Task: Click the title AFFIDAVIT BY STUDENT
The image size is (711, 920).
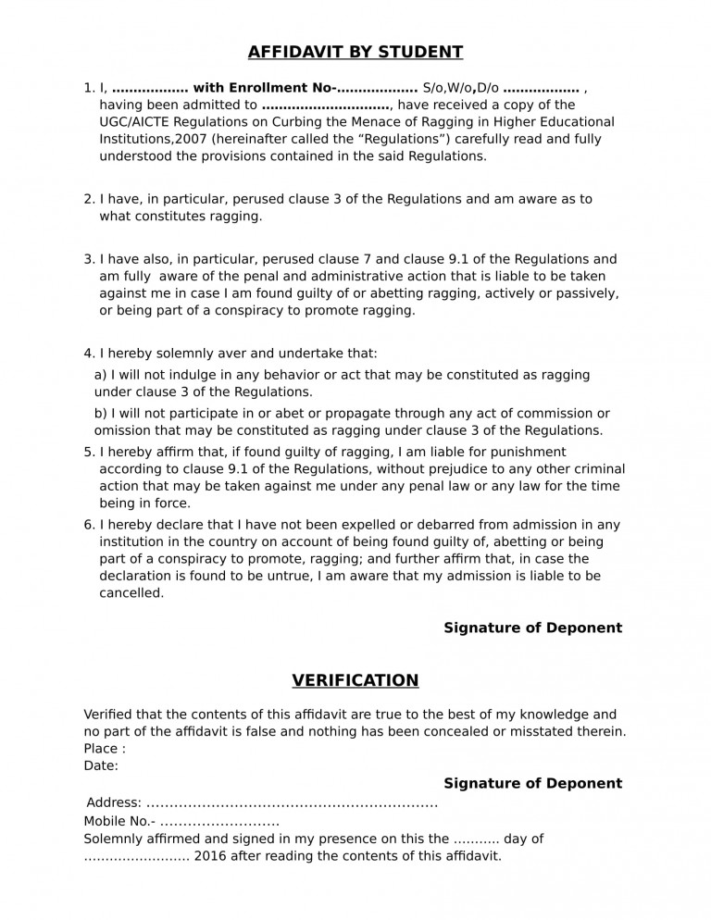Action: [355, 52]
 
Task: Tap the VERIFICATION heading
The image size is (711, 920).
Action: [355, 680]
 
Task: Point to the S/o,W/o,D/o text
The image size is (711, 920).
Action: [460, 88]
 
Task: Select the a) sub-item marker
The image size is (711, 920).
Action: [101, 375]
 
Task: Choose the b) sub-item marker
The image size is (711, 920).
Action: [101, 413]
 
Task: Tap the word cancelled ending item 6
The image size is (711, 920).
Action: [131, 593]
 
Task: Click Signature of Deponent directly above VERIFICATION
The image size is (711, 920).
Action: [532, 628]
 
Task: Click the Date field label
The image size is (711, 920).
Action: [100, 765]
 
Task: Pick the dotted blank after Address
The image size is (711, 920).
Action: [292, 802]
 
